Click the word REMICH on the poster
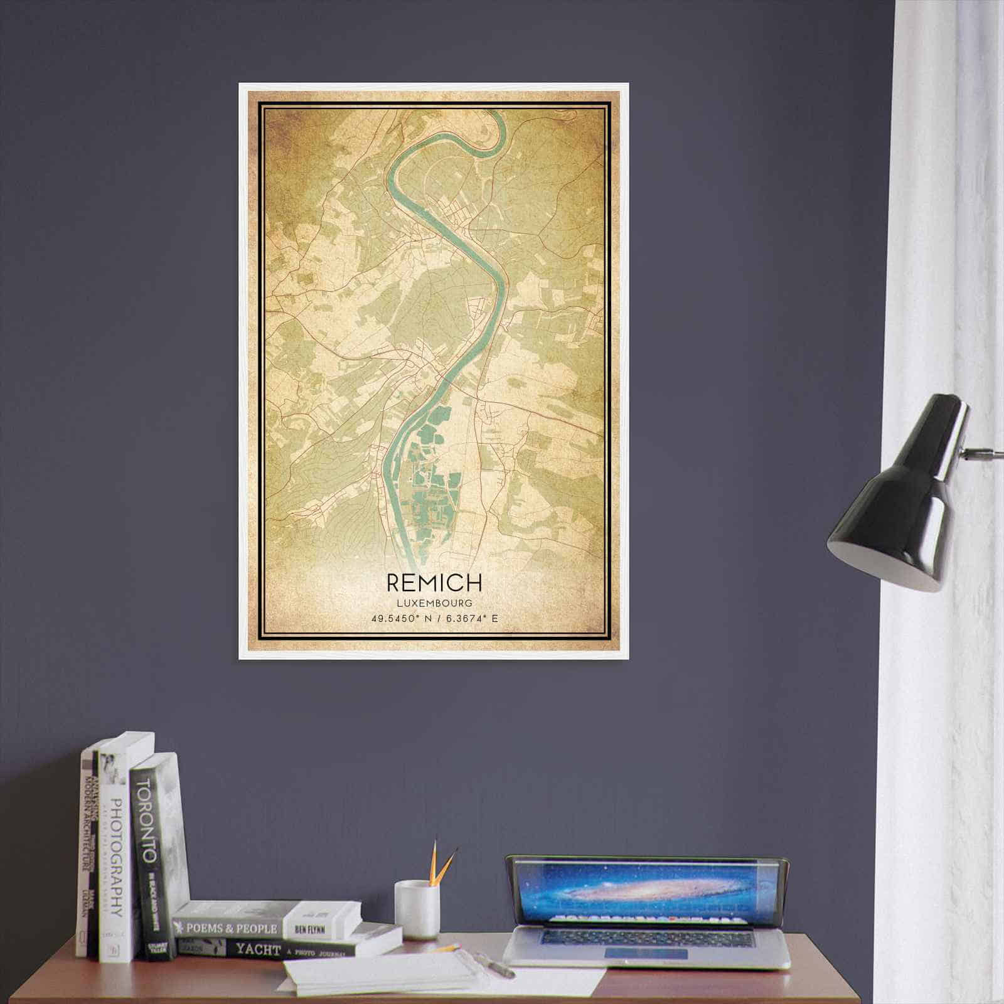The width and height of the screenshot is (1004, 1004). [434, 583]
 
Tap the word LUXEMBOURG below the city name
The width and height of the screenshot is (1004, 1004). [434, 603]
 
